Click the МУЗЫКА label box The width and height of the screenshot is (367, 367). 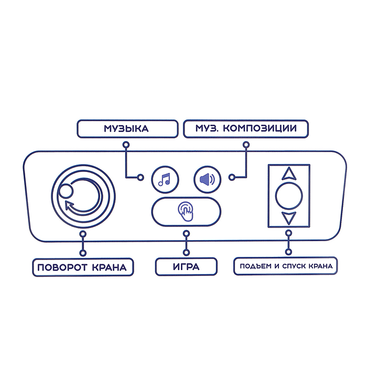click(127, 129)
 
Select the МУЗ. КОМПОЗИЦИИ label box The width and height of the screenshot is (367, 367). click(246, 129)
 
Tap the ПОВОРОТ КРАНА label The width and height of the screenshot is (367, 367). click(83, 267)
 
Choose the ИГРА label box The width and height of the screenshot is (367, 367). click(186, 266)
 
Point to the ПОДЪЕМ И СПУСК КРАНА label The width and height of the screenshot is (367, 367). click(286, 266)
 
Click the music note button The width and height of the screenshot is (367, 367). click(165, 179)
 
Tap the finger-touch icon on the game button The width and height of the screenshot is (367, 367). click(186, 212)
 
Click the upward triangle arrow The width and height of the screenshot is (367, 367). click(289, 174)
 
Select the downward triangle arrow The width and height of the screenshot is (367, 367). click(289, 219)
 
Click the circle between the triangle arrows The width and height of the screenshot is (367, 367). click(289, 196)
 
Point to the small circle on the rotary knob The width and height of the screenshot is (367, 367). click(66, 191)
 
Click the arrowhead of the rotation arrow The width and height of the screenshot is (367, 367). click(68, 205)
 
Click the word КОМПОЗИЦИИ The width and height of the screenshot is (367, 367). click(260, 128)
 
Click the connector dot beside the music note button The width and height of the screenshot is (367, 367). click(141, 177)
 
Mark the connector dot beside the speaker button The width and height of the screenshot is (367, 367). click(232, 177)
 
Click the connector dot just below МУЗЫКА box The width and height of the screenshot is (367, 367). click(126, 145)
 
